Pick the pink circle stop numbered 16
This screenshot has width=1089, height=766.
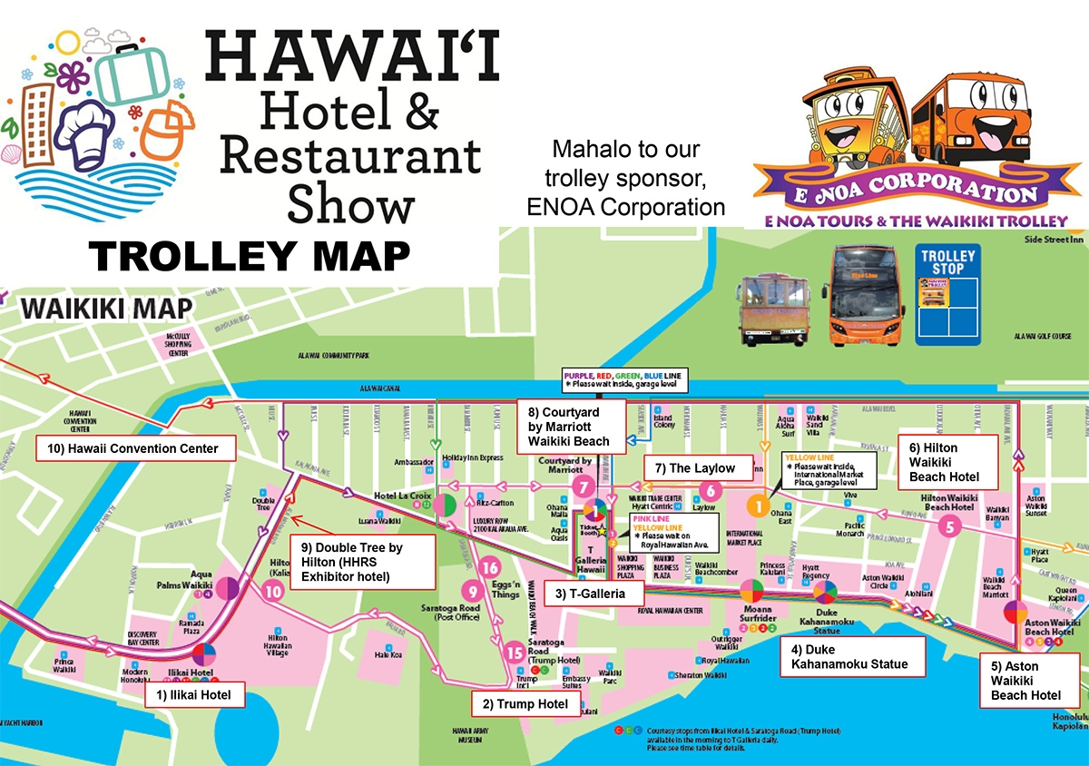coord(490,567)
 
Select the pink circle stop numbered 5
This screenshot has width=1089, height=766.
coord(949,525)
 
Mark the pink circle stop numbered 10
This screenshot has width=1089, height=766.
coord(273,591)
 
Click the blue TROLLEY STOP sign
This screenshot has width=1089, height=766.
coord(948,294)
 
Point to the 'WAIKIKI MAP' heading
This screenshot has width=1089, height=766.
coord(107,307)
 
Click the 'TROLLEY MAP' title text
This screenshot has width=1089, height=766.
coord(250,257)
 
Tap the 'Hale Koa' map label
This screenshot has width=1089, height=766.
coord(388,654)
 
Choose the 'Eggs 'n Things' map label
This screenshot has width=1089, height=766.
coord(506,589)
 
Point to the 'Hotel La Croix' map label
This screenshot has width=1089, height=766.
coord(402,496)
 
